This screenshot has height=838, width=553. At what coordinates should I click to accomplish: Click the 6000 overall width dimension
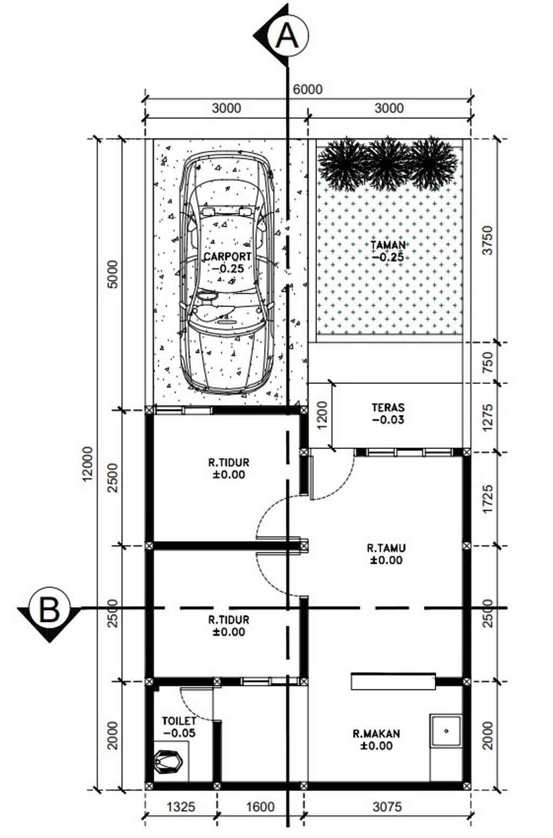[308, 90]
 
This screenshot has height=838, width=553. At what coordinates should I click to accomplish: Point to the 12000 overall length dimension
[88, 463]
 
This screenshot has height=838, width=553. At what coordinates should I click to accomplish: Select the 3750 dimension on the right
[488, 240]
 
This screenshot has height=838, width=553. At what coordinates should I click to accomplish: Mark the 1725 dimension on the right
[488, 499]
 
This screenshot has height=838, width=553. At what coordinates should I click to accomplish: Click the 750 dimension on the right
[488, 362]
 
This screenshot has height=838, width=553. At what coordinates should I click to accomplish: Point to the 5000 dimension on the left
[112, 274]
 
